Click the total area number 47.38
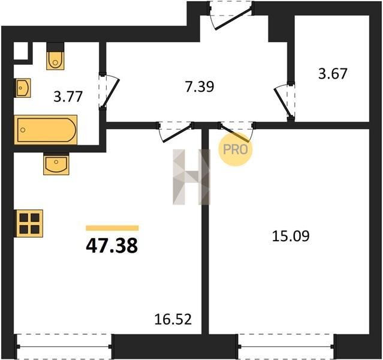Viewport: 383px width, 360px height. [112, 246]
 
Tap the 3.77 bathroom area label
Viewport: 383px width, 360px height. [68, 97]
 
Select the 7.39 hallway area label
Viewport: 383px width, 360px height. [200, 86]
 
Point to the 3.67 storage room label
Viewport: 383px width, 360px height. [333, 73]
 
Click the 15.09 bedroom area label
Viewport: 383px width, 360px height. [291, 236]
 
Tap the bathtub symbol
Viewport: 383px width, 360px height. [46, 130]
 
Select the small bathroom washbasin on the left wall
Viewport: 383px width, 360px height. [23, 88]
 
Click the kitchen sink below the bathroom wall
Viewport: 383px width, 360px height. [56, 164]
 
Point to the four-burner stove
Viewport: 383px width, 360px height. [29, 224]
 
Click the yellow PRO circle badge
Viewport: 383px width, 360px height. [235, 149]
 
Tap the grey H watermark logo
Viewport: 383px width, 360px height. [192, 177]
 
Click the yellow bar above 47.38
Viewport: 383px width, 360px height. [112, 228]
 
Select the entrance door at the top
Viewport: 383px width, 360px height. [234, 19]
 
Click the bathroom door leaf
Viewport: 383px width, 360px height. [110, 92]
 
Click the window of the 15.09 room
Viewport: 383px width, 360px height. [287, 346]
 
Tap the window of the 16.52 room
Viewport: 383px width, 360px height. [64, 346]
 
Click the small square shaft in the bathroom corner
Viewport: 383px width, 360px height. [21, 50]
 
